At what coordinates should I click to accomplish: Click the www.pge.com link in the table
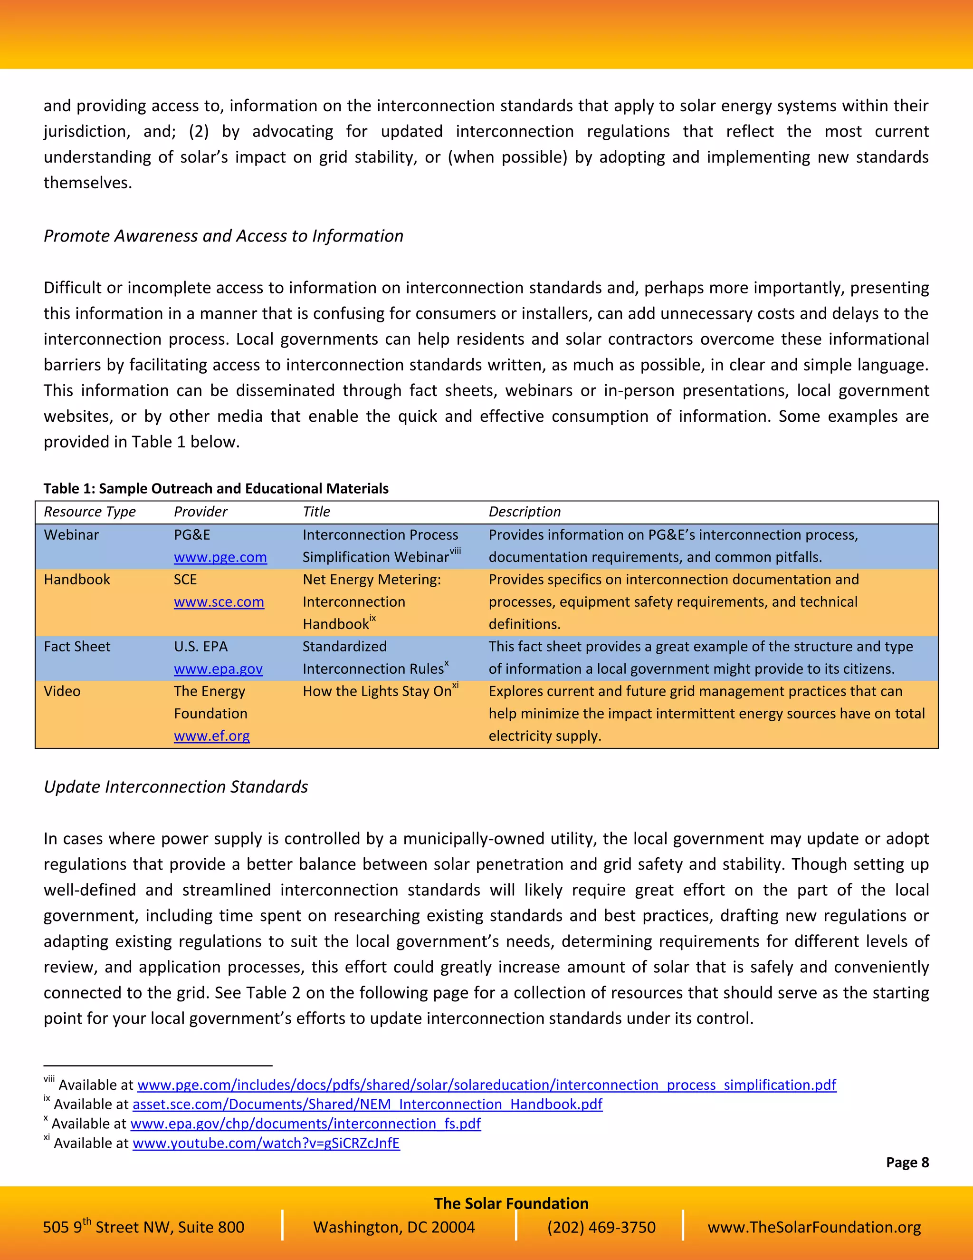220,557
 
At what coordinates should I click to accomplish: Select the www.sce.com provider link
219,602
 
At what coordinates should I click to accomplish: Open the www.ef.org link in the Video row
211,736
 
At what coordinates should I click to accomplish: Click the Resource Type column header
89,512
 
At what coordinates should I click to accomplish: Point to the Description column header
524,512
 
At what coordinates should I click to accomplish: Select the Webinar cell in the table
71,535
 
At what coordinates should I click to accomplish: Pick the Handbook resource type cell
76,579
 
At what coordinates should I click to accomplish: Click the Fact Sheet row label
76,646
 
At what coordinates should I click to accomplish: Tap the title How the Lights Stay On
377,691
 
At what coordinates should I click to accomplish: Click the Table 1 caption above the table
216,489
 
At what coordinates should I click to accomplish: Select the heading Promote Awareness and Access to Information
223,236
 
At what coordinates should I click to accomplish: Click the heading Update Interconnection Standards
176,787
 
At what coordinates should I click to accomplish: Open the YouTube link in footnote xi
266,1143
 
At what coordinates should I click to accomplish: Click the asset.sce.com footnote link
367,1104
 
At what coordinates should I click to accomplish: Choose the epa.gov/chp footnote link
305,1124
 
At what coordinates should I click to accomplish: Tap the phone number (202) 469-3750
601,1227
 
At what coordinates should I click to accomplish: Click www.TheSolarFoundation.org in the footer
814,1227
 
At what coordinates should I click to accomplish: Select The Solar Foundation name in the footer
511,1203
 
